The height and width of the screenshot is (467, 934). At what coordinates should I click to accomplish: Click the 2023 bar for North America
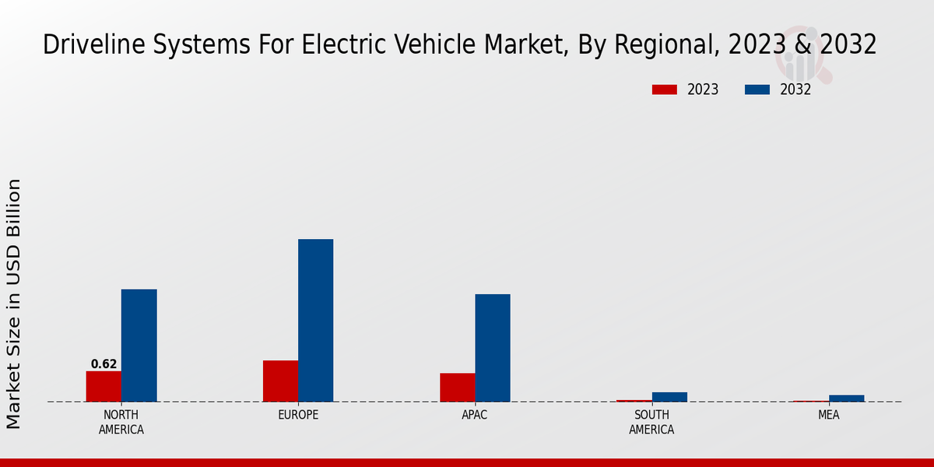click(104, 386)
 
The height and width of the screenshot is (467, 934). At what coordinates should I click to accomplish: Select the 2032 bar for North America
click(139, 346)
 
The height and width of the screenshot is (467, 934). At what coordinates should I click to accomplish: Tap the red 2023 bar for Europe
click(280, 381)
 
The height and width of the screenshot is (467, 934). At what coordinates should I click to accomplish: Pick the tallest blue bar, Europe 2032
click(315, 320)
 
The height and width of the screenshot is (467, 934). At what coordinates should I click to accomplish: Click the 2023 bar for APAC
click(457, 387)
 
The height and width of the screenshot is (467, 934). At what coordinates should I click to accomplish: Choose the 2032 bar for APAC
click(493, 348)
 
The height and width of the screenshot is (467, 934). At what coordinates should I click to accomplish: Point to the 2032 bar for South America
click(669, 397)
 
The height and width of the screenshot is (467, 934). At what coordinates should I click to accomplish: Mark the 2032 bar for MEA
click(846, 399)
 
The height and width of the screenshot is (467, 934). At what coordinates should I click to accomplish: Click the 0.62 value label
click(104, 364)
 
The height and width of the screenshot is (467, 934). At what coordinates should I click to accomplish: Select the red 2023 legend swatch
click(664, 90)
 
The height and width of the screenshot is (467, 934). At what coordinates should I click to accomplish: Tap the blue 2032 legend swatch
click(757, 90)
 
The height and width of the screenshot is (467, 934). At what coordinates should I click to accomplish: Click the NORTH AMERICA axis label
click(121, 423)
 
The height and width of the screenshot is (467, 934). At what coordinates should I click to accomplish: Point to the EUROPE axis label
click(298, 416)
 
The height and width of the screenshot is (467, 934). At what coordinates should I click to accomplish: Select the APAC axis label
click(475, 416)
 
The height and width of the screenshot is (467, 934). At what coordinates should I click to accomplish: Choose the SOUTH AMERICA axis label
click(651, 423)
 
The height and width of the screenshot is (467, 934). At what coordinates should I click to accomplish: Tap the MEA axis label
click(828, 416)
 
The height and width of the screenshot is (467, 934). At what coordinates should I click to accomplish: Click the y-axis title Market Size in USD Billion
click(14, 304)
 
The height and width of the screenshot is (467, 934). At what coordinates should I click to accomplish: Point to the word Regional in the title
click(661, 45)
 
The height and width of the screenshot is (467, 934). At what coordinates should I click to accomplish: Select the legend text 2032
click(795, 90)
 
